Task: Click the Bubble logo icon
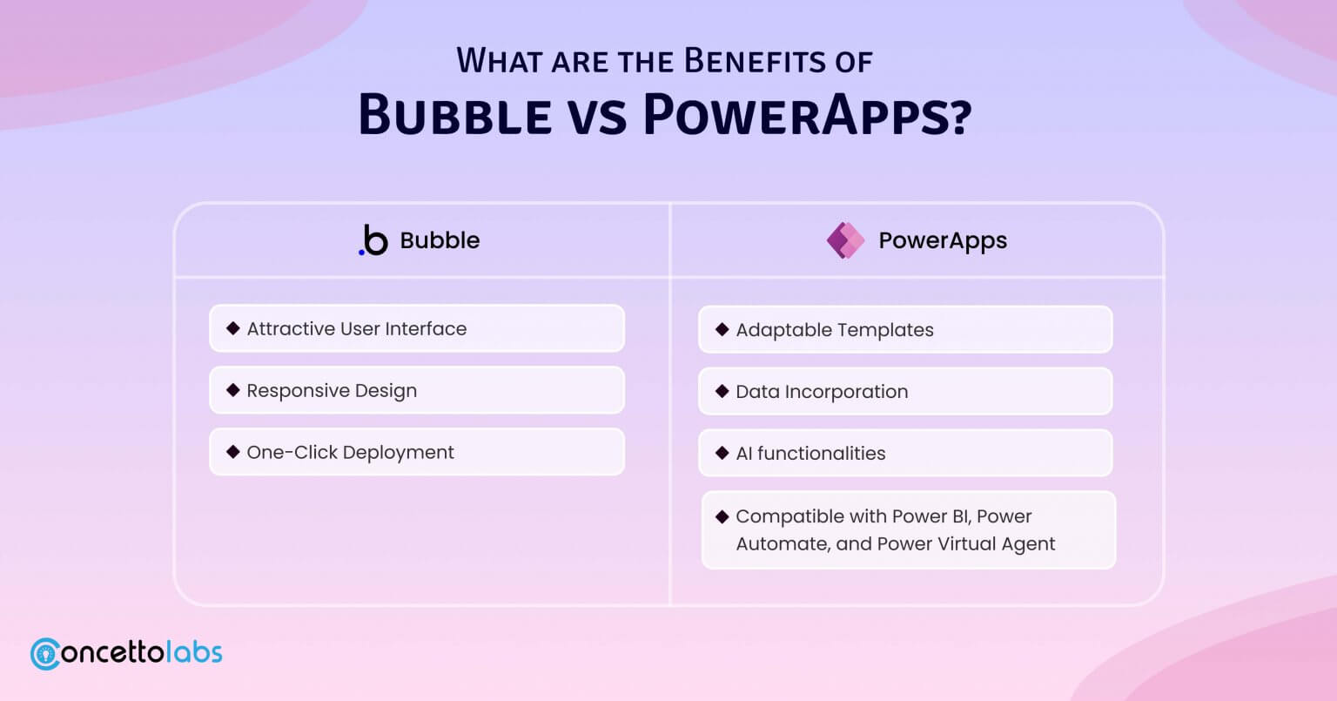[x=373, y=240]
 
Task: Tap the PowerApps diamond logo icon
[x=845, y=240]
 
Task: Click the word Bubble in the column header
[x=440, y=240]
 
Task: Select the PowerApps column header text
[x=943, y=240]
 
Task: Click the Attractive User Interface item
[x=417, y=328]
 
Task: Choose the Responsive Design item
[x=417, y=390]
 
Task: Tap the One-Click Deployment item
[x=417, y=452]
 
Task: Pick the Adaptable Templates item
[x=905, y=330]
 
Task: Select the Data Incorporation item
[x=905, y=391]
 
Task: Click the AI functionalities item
[x=905, y=453]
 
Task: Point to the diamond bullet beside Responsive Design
[x=233, y=390]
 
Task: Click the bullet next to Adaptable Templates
[x=722, y=329]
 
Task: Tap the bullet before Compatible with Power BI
[x=722, y=516]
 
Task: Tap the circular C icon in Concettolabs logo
[x=45, y=654]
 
